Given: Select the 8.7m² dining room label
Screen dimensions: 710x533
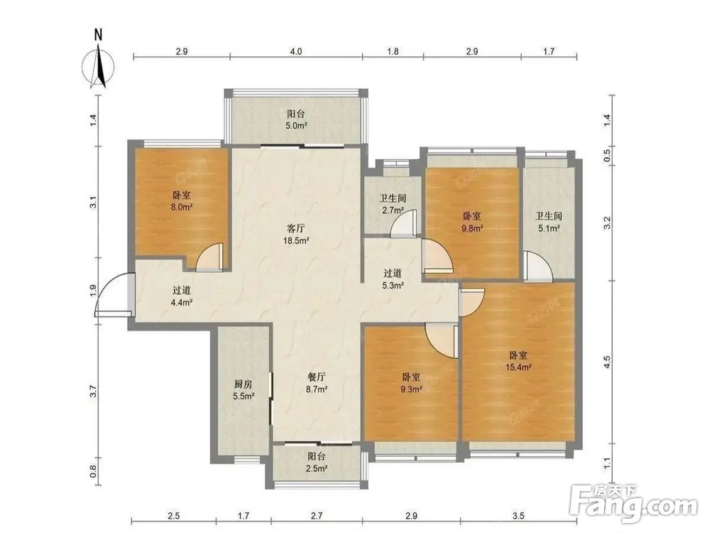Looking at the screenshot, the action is tap(317, 382).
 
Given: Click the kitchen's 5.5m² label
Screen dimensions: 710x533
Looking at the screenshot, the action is tap(243, 390).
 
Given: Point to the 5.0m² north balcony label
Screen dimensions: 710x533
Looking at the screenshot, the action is tap(297, 119).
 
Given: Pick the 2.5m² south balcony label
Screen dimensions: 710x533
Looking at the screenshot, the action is tap(316, 463).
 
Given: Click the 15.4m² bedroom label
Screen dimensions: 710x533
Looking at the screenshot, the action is tap(518, 361).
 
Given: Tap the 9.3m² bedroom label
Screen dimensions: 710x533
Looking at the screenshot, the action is tap(411, 382).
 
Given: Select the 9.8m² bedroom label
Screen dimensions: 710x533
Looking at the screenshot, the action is tap(472, 222).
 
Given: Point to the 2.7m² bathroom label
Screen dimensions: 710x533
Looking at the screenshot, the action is tap(392, 204).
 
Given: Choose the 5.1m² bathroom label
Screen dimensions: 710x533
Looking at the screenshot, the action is tap(548, 222).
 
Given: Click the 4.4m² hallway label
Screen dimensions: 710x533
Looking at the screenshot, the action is tap(182, 296).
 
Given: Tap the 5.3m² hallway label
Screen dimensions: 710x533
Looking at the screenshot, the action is tap(393, 279).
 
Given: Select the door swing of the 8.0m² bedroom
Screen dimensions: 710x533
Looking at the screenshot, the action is tap(209, 257).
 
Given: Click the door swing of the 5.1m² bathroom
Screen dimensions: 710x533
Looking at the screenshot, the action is tap(537, 265).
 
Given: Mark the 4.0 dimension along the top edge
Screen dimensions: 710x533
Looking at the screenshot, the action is tap(295, 51).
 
